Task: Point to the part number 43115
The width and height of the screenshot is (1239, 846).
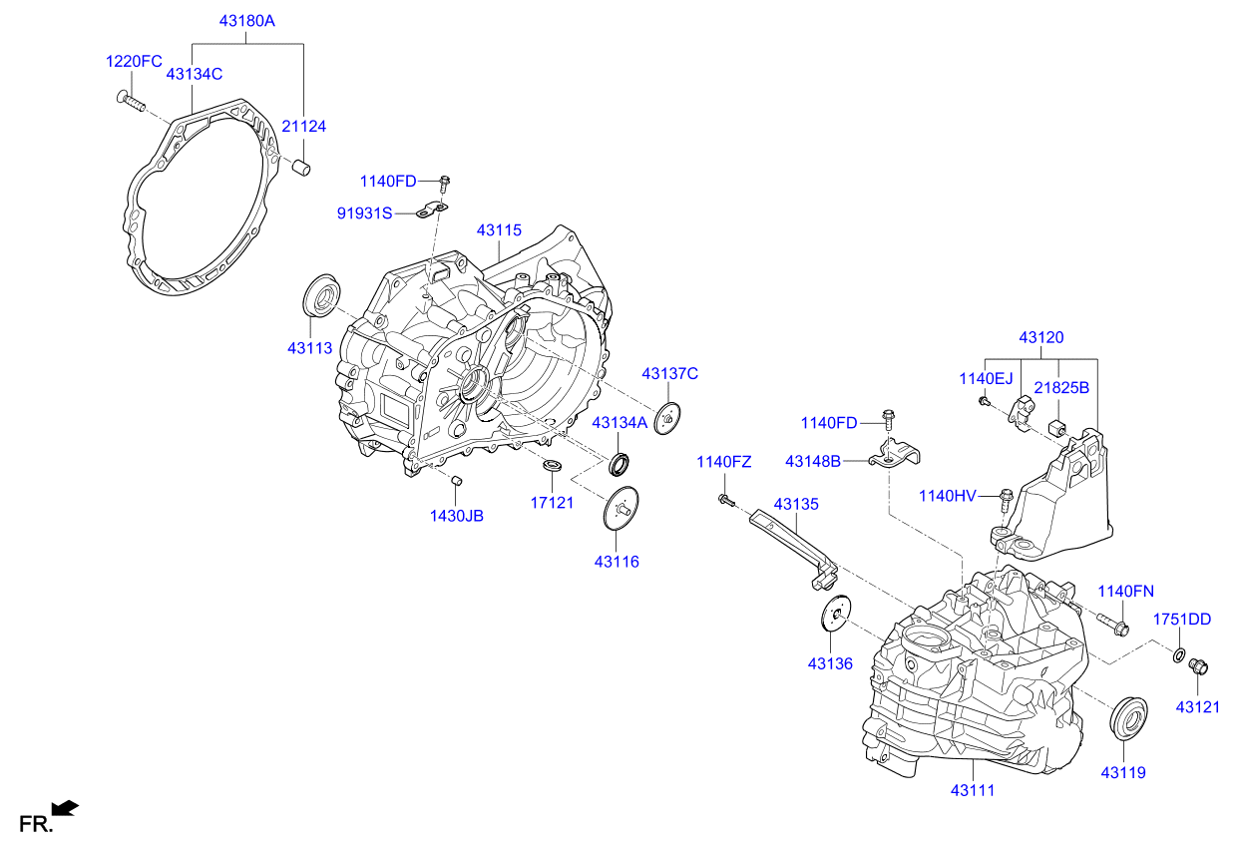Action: tap(499, 230)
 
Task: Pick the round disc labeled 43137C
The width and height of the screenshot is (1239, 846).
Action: tap(667, 417)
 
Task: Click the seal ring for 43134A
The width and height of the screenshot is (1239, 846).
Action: tap(621, 465)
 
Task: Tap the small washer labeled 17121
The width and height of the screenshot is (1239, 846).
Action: tap(552, 467)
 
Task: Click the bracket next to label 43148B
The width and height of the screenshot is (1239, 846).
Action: tap(894, 455)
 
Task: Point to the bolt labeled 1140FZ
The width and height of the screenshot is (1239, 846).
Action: tap(724, 498)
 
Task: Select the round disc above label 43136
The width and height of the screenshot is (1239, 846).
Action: tap(834, 615)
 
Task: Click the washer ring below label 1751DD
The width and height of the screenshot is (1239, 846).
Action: tap(1179, 655)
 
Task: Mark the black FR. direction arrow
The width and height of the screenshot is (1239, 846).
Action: tap(64, 807)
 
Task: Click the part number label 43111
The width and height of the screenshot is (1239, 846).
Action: tap(972, 790)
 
